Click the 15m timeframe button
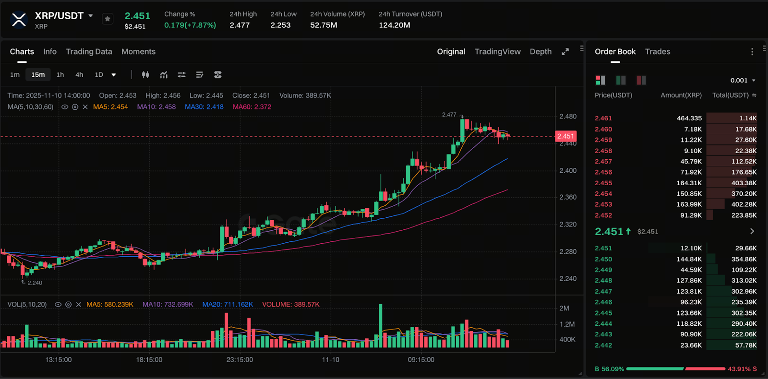coord(38,75)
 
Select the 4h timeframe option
coord(79,75)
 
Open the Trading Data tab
coord(89,51)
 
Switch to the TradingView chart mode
coord(497,51)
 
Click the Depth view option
coord(540,51)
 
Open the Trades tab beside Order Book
coord(657,51)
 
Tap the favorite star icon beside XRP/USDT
coord(108,19)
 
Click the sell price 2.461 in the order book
coord(603,118)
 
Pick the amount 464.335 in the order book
coord(689,118)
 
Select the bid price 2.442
coord(603,345)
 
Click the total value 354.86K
coord(744,259)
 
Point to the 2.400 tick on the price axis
coord(568,170)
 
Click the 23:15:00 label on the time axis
coord(240,359)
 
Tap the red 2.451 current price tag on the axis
coord(565,136)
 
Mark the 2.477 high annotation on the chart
coord(449,115)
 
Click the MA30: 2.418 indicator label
coord(204,107)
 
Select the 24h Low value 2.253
coord(280,25)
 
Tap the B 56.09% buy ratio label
coord(609,369)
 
